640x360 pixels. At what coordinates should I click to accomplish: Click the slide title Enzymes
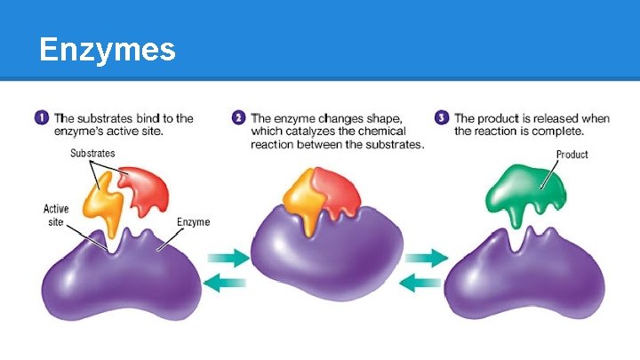coord(108,50)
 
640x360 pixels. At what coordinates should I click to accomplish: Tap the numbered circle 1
coord(41,117)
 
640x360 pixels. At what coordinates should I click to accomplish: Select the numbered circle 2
coord(238,117)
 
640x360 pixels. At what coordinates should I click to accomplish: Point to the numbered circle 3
coord(442,117)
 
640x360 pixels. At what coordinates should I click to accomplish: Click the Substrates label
coord(93,153)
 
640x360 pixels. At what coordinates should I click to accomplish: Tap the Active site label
coord(57,215)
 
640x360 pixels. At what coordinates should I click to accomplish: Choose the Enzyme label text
coord(193,221)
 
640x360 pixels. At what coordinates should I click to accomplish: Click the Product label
coord(572,154)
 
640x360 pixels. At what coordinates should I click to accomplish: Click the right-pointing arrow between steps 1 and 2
coord(228,258)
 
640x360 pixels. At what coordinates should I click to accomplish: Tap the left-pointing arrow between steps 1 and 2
coord(228,284)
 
